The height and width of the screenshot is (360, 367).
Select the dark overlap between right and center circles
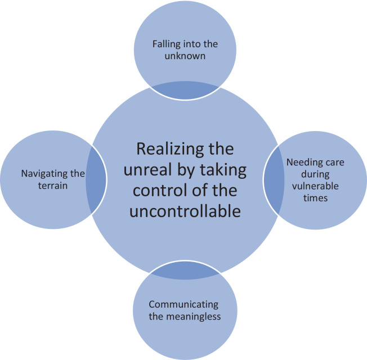click(272, 179)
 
